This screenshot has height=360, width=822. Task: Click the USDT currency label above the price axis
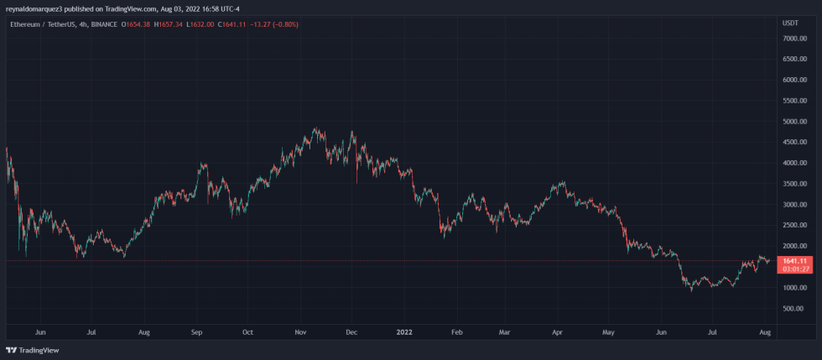coord(790,23)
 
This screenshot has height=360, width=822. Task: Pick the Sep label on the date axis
coord(197,332)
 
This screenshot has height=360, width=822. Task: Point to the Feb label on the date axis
coord(456,332)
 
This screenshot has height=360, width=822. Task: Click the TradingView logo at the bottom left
coord(27,350)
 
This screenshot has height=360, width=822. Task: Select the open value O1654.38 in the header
coord(136,24)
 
